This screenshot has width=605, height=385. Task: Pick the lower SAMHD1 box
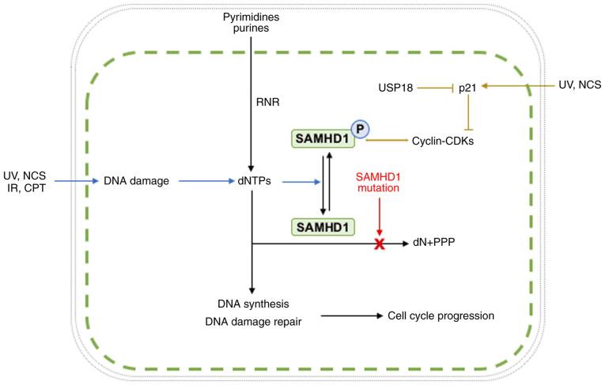coord(321,226)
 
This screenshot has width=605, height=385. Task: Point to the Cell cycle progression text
coord(441,315)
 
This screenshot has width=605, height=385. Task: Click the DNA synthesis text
coord(250,304)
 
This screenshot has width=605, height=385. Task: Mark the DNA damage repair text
coord(250,321)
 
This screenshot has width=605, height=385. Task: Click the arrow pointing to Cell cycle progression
coord(352,315)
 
